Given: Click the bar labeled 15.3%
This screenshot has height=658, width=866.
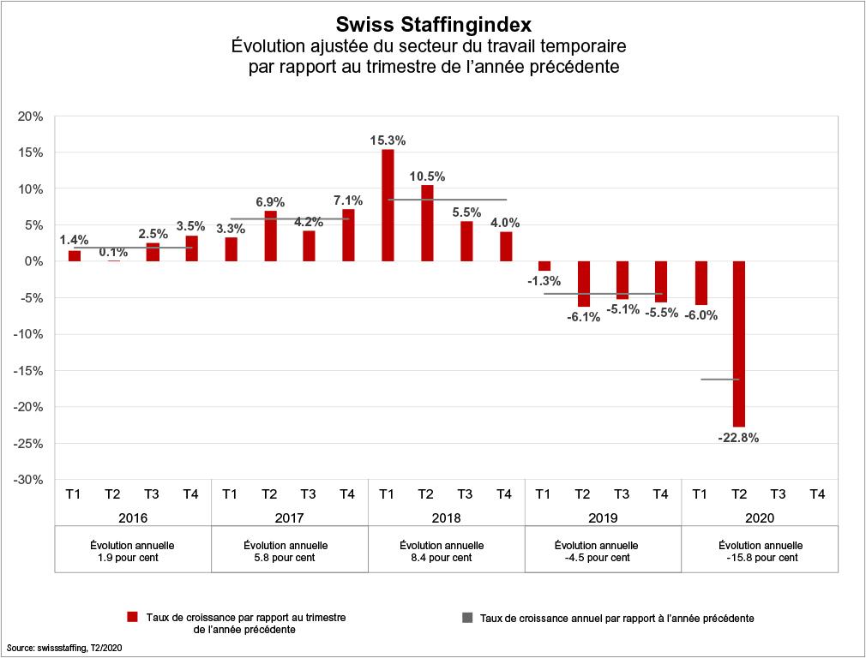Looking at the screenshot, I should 388,206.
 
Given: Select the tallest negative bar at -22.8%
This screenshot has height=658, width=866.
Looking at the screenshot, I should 739,343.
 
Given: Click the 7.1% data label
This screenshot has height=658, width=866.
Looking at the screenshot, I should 347,200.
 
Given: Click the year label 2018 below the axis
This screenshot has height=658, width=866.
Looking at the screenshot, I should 447,517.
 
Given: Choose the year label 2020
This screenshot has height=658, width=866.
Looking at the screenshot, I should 759,517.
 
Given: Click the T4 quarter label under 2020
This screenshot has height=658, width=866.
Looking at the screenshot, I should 818,493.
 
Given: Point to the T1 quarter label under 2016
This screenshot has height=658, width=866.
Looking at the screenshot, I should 74,493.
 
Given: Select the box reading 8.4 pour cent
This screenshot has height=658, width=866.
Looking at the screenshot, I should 447,551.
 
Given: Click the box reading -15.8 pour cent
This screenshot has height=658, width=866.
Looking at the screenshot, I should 760,551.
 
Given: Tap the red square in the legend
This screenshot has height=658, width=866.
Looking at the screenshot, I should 132,617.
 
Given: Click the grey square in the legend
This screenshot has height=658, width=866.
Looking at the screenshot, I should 466,617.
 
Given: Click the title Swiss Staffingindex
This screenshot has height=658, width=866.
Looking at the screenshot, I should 433,23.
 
